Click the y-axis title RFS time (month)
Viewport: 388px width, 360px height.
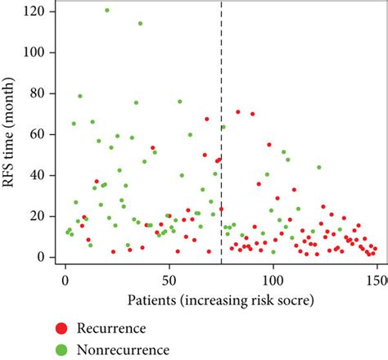click(11, 134)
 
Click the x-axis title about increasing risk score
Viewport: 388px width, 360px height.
click(220, 300)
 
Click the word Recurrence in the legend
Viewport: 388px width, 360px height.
click(111, 328)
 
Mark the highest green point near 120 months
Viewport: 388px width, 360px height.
click(107, 11)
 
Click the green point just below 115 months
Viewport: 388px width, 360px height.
click(140, 24)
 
